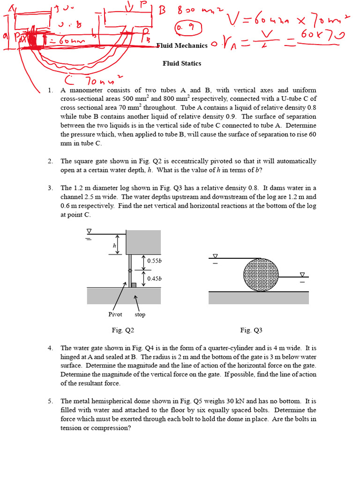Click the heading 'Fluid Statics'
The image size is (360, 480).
[182, 63]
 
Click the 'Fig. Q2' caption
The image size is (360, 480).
[123, 330]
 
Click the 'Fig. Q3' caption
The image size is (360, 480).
[251, 330]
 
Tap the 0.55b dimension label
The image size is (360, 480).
[154, 261]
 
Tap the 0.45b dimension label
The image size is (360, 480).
[154, 278]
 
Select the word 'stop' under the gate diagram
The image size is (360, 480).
[140, 314]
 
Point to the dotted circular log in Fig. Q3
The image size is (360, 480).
[261, 275]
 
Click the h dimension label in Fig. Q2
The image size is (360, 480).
[114, 245]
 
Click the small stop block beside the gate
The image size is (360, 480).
[134, 285]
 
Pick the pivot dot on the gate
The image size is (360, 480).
[130, 271]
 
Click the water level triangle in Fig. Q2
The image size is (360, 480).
[89, 231]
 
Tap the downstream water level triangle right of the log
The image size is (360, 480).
[302, 275]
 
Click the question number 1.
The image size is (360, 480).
[51, 90]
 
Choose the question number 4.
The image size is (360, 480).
[51, 348]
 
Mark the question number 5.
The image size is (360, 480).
[51, 401]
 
